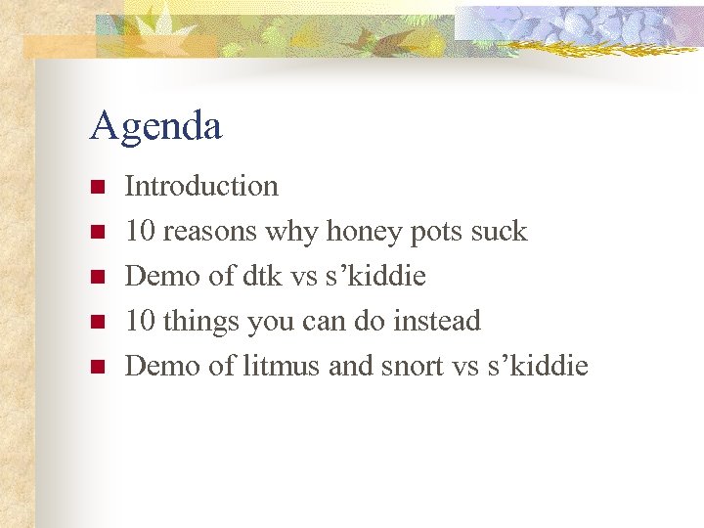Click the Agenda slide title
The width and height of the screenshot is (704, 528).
tap(155, 126)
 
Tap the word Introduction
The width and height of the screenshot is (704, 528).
tap(201, 186)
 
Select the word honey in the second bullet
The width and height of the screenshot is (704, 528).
tap(363, 232)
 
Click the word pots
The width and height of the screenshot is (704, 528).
tap(435, 233)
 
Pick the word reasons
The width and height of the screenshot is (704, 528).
tap(209, 232)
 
